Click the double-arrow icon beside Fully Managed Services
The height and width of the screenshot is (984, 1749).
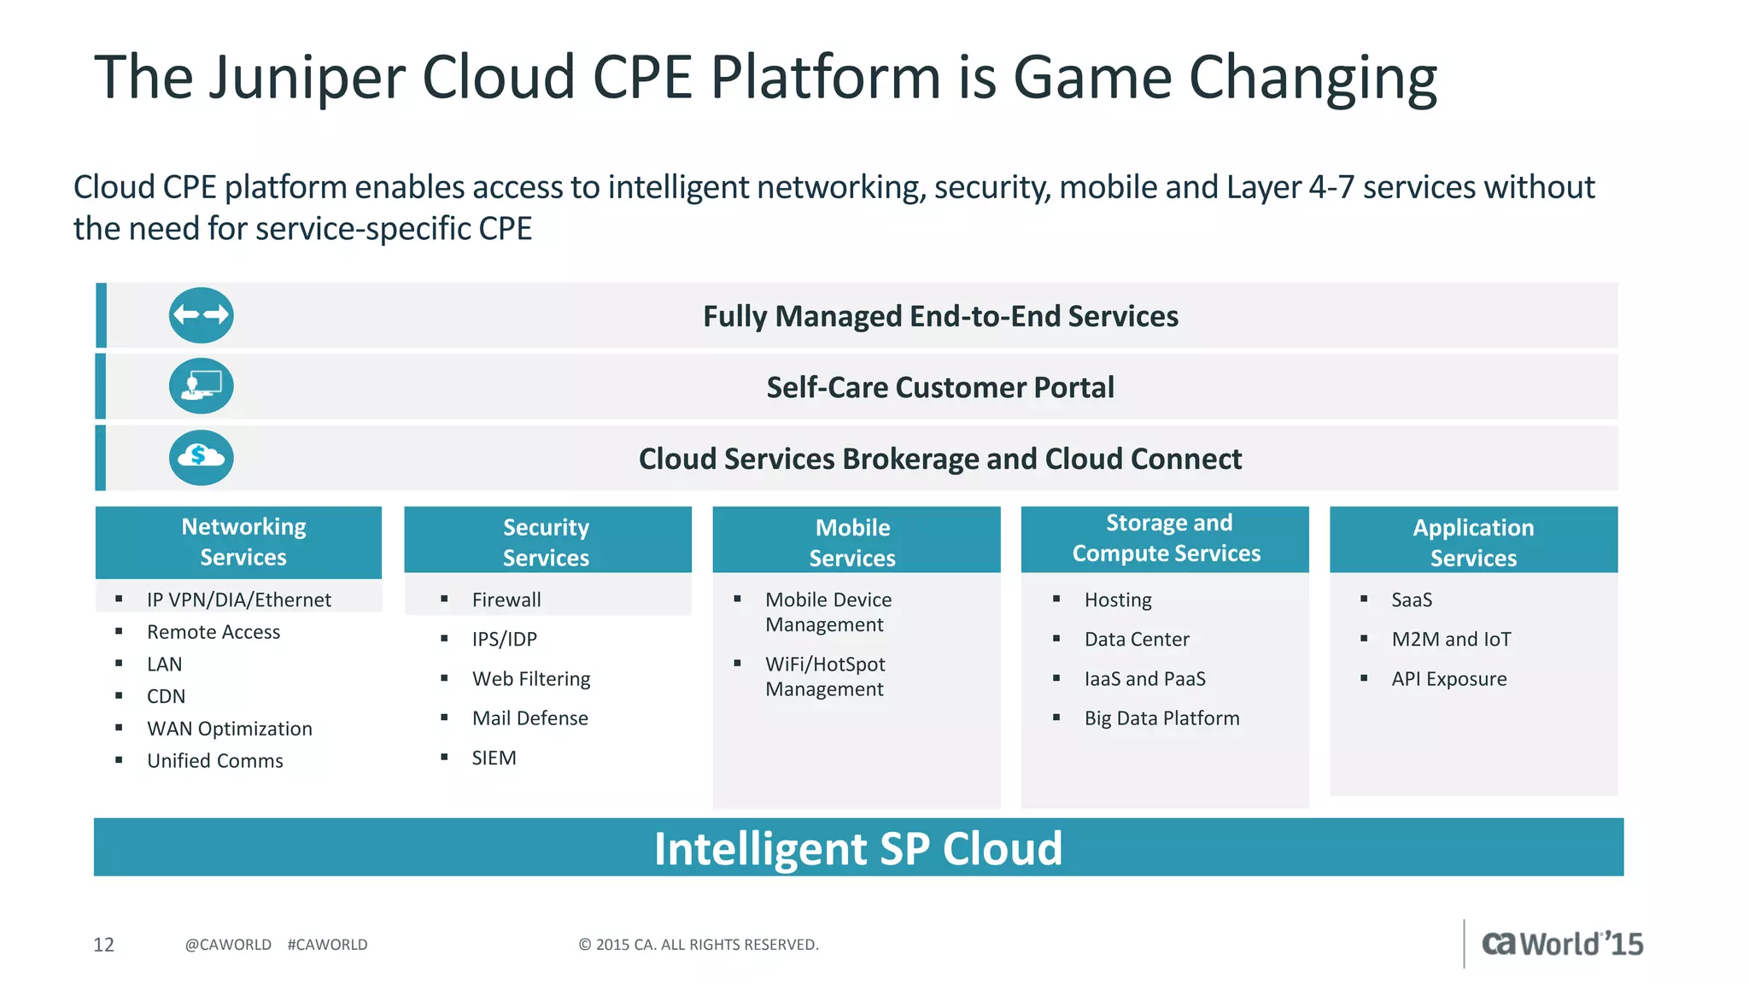point(201,315)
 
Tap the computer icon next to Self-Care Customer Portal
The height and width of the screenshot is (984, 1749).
point(201,386)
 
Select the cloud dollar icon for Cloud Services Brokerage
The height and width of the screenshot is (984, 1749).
point(201,458)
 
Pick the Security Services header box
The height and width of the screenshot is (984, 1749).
point(547,541)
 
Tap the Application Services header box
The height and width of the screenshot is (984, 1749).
point(1473,541)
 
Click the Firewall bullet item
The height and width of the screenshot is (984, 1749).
point(506,600)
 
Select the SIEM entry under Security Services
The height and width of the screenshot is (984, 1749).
point(494,758)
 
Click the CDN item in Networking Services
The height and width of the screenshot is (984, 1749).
point(166,696)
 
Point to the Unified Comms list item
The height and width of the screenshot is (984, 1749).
point(214,761)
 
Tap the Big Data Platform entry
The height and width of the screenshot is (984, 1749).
point(1161,718)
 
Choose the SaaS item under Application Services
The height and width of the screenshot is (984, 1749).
point(1412,600)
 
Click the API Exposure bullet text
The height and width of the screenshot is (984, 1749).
point(1448,679)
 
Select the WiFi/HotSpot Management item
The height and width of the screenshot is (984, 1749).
point(825,676)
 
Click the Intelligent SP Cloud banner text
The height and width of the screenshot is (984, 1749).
point(857,848)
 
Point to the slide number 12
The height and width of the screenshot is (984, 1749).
point(103,945)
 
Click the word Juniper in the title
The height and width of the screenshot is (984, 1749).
point(307,79)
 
